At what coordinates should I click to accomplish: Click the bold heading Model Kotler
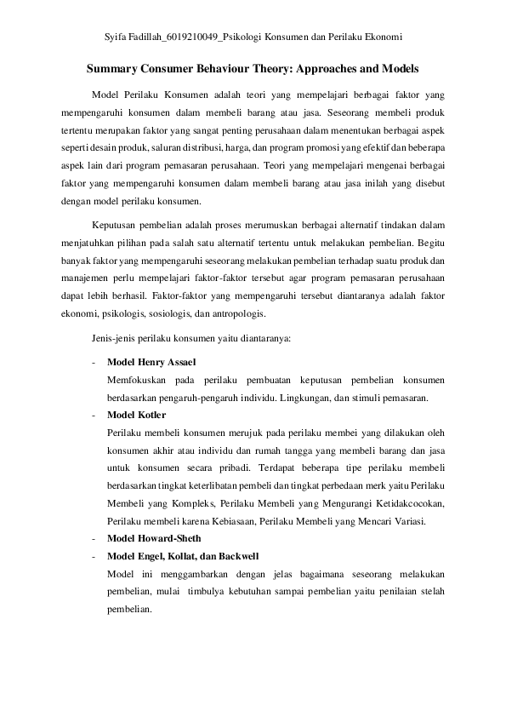pos(137,415)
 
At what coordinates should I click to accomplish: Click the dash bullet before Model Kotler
pos(92,415)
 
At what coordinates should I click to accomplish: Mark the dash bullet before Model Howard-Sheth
pos(92,538)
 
